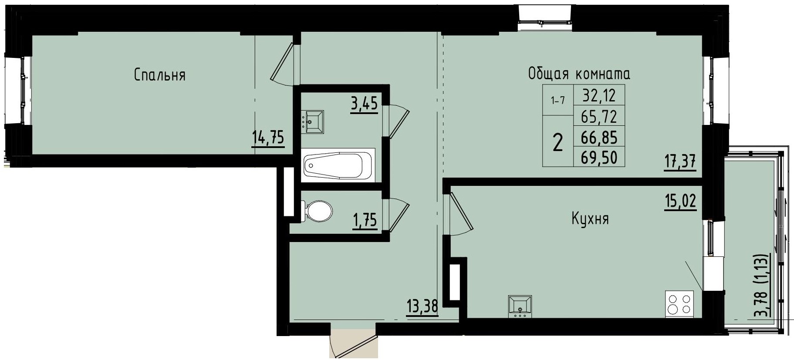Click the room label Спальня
(x=159, y=75)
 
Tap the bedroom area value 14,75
(x=268, y=138)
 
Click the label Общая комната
(x=579, y=74)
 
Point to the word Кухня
(x=590, y=219)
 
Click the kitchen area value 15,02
(x=680, y=202)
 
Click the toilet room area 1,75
(x=364, y=220)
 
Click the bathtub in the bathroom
(x=338, y=165)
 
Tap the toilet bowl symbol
(x=318, y=210)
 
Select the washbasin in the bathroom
(x=314, y=121)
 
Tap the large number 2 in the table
(x=557, y=143)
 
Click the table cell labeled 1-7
(x=557, y=101)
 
